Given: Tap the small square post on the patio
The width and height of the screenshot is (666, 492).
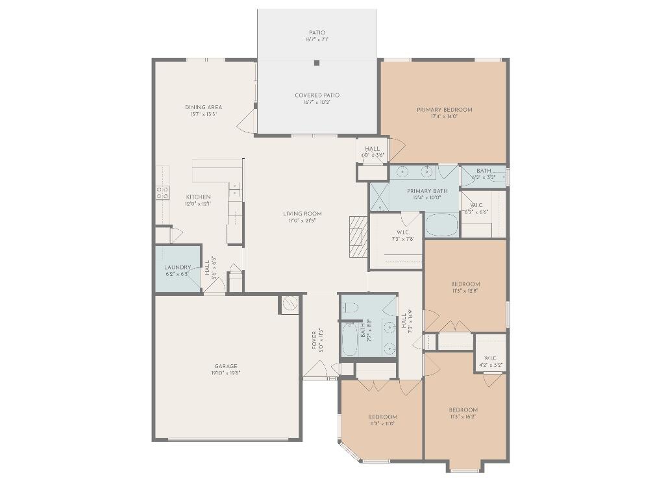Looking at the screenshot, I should pyautogui.click(x=317, y=63).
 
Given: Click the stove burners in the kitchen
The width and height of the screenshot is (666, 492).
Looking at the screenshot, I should pyautogui.click(x=162, y=193).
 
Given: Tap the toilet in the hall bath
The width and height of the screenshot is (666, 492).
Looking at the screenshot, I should pyautogui.click(x=350, y=308).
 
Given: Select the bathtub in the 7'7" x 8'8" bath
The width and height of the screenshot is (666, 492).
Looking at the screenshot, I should pyautogui.click(x=349, y=340).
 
